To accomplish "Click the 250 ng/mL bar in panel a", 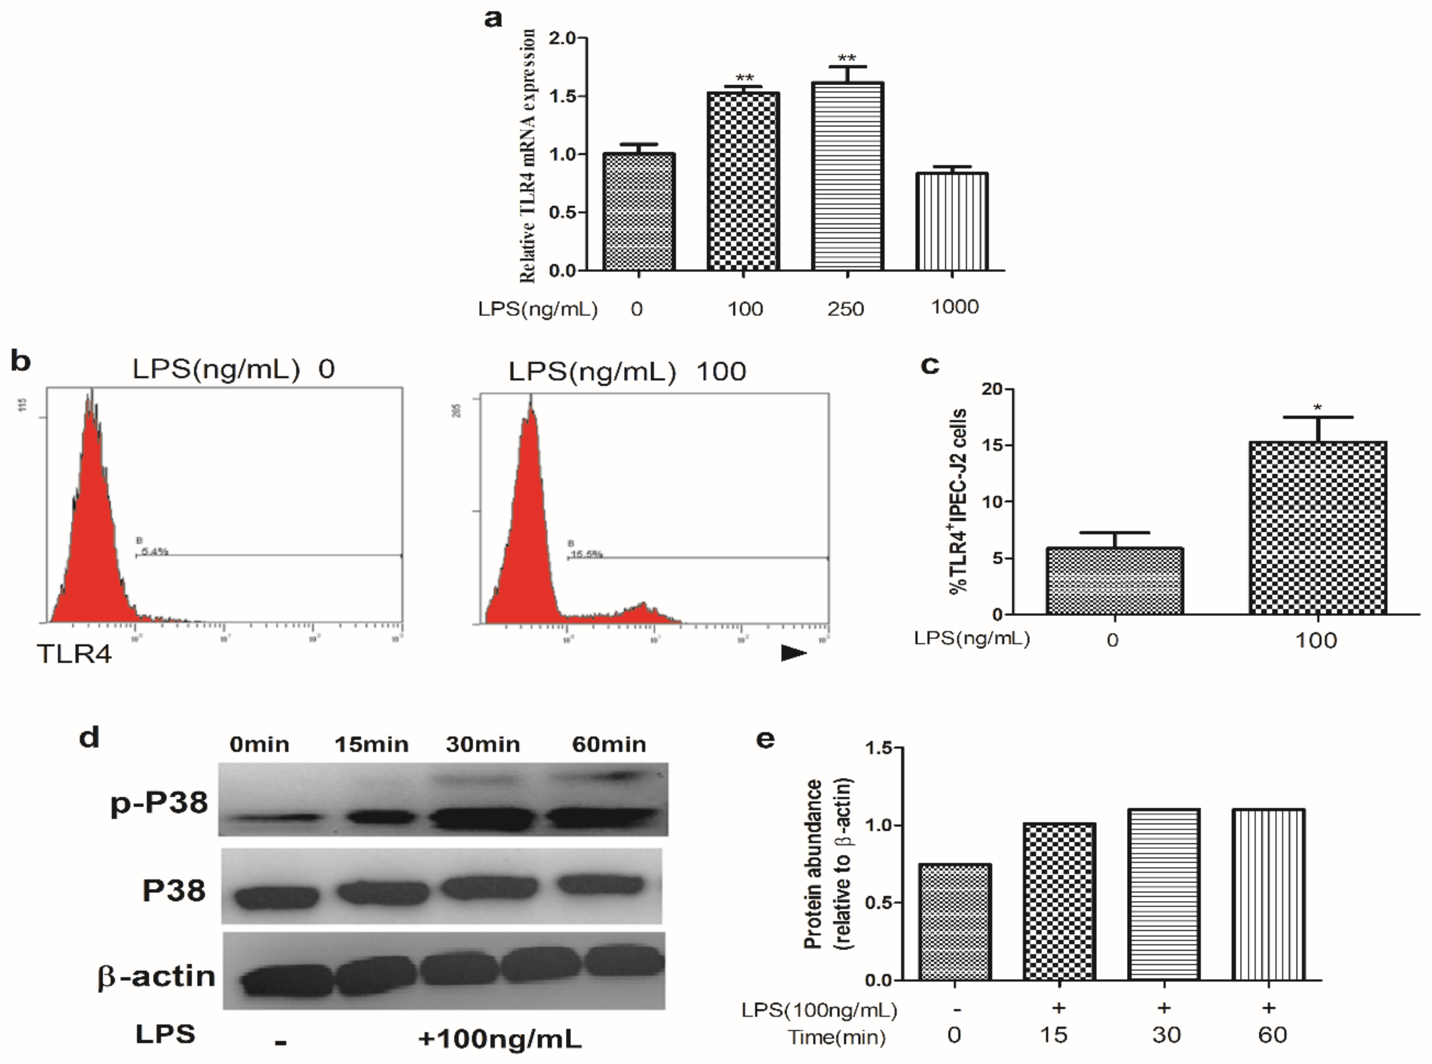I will point(847,177).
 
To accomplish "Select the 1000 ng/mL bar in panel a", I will point(952,222).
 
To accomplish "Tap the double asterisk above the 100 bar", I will point(744,79).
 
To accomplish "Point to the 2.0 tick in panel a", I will point(564,38).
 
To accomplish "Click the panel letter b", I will point(21,361).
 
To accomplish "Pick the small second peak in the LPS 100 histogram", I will point(642,612).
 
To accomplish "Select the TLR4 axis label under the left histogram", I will point(75,654).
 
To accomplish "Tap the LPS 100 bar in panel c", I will point(1318,528).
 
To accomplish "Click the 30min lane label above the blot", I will point(483,745).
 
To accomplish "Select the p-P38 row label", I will point(159,802).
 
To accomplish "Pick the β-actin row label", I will point(156,976).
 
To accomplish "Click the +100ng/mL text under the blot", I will point(499,1038).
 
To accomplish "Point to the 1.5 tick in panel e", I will point(878,748).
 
